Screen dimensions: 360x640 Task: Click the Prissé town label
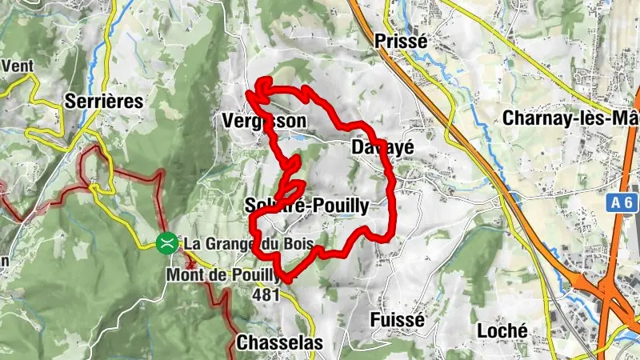point(402,40)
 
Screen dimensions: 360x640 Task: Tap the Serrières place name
point(105,102)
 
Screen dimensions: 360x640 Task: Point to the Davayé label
point(374,148)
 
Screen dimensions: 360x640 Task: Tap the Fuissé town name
point(396,319)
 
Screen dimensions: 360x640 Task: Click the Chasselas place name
point(279,343)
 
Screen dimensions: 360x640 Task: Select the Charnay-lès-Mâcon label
point(571,118)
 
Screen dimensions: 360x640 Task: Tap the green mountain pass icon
point(168,242)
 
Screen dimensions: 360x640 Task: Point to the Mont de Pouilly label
point(225,275)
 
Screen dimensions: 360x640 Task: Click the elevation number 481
point(266,295)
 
